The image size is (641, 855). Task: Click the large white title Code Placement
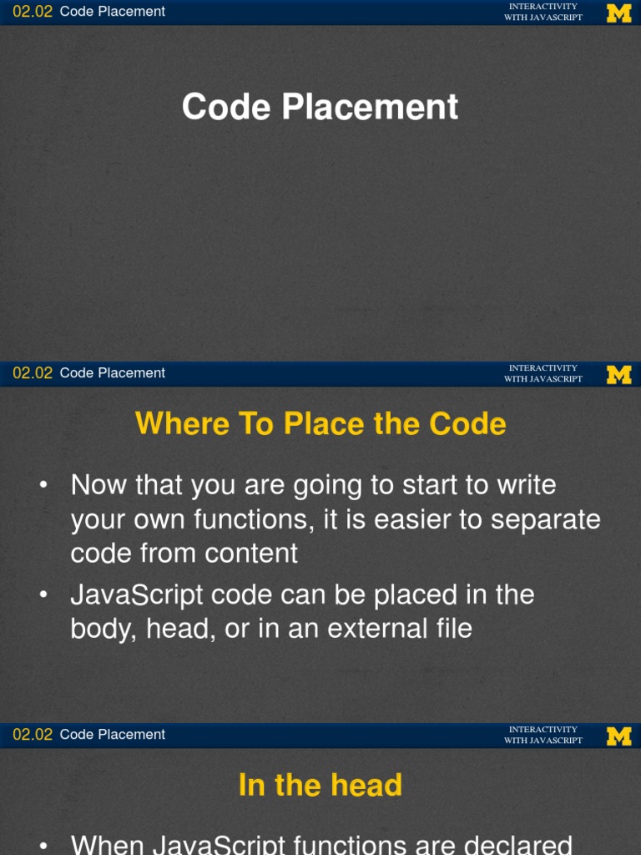tap(320, 107)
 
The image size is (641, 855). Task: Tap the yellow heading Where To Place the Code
tap(320, 423)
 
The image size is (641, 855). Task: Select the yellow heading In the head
tap(320, 785)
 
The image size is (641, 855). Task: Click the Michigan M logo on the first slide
tap(618, 13)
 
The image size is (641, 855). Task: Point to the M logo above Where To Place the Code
tap(618, 374)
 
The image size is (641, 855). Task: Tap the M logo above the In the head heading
tap(618, 736)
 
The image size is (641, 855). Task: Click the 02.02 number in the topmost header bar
tap(33, 12)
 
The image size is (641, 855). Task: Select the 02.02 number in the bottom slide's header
tap(33, 735)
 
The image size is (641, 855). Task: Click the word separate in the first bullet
tap(546, 519)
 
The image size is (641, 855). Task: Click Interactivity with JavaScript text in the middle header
tap(543, 373)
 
